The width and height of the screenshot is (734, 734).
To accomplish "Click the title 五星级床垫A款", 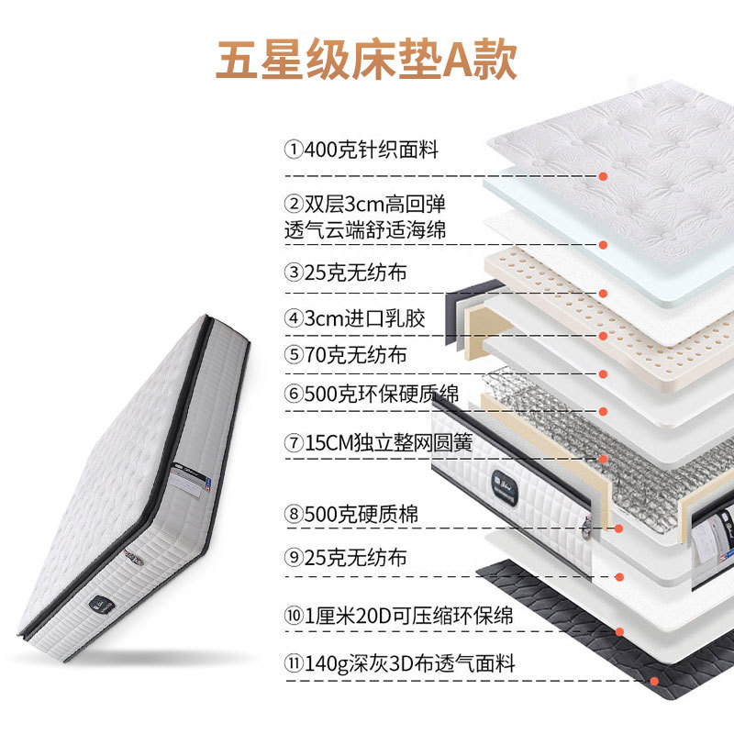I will point(367,59).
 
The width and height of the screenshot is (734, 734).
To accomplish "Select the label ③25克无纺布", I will point(345,272).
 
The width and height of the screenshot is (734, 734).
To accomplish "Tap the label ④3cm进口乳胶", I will point(355,318).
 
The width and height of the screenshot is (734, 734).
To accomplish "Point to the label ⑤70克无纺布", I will point(345,355).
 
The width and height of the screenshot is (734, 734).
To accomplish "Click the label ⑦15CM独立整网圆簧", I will point(378,442).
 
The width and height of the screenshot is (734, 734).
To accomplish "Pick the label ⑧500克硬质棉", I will point(351,515).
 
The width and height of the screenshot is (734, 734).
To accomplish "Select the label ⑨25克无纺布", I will point(345,557).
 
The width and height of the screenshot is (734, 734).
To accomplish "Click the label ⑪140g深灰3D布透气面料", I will point(400,662).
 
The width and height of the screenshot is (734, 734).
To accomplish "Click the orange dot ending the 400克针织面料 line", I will point(604,175).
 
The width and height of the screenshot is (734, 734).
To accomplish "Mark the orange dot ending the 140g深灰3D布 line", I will point(654,681).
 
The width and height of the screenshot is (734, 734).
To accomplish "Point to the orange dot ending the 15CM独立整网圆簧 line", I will point(602,459).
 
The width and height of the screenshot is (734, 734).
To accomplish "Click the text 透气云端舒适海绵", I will point(365,230).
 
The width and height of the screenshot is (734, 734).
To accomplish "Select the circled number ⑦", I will point(293,443).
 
